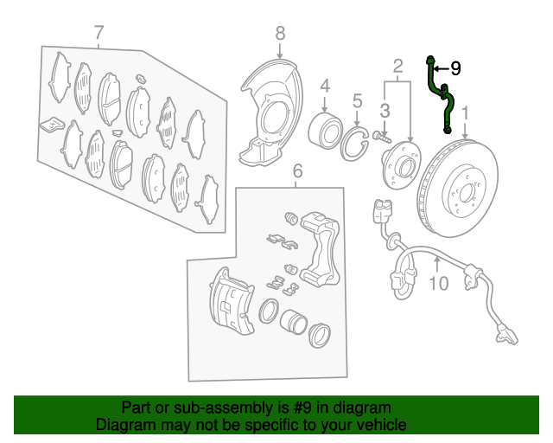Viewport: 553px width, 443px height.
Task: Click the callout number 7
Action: (x=99, y=33)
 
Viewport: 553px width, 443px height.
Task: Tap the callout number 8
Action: (x=280, y=34)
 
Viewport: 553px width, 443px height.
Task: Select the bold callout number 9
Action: (x=455, y=68)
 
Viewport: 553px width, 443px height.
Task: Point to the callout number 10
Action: (x=439, y=283)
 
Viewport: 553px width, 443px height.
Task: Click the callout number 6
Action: (x=297, y=171)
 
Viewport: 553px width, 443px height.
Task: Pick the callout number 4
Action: (x=325, y=86)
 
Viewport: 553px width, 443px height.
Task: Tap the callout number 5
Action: (x=357, y=101)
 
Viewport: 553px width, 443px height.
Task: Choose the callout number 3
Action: (x=385, y=111)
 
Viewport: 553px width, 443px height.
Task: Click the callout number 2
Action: (x=397, y=66)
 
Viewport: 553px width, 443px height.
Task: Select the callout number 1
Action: (x=466, y=113)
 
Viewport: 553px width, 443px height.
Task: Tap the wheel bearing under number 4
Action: (x=325, y=131)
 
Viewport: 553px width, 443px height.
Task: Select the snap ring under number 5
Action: (x=353, y=144)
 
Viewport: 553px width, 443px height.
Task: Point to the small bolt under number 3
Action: (x=382, y=137)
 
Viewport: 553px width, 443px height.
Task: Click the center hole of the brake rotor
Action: (x=466, y=194)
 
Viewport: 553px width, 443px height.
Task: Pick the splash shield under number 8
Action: (x=271, y=113)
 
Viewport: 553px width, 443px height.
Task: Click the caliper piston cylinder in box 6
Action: (x=294, y=322)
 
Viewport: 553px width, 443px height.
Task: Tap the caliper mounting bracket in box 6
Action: (x=320, y=248)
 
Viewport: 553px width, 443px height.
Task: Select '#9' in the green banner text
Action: (x=302, y=408)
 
